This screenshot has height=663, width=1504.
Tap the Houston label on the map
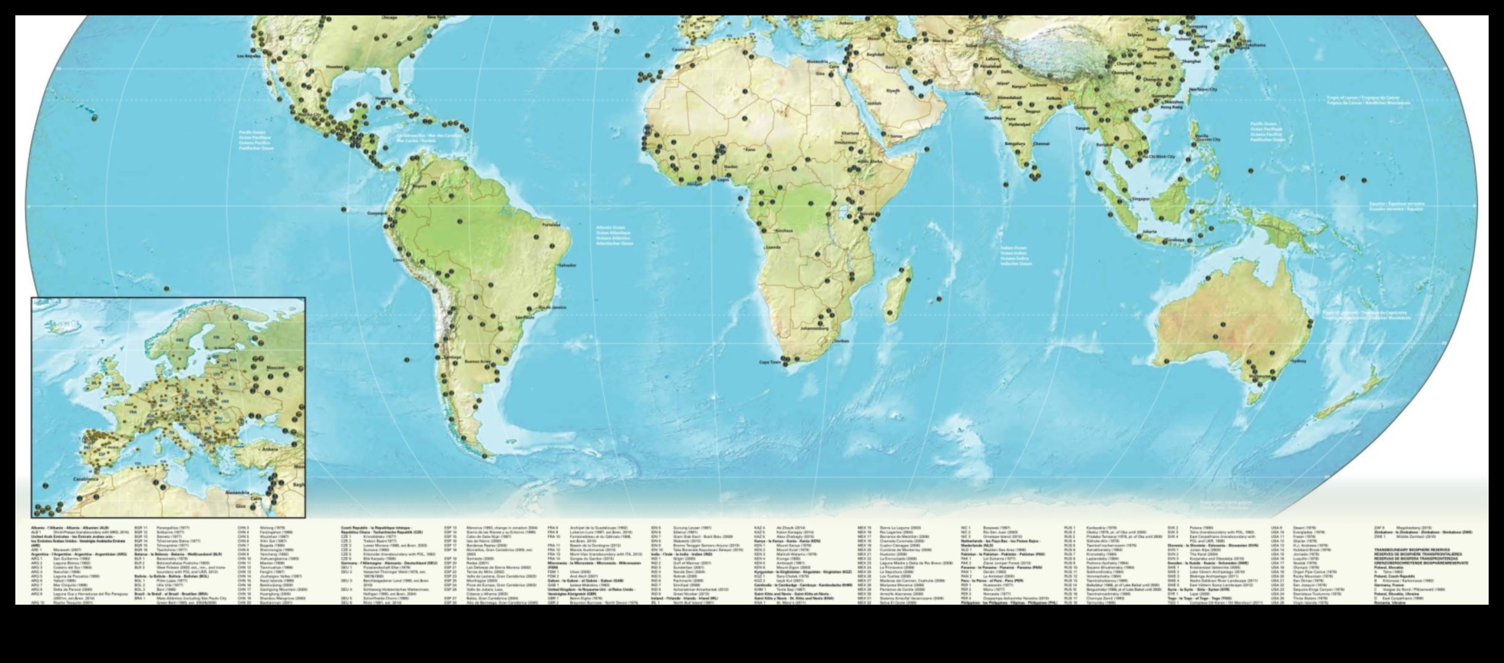pos(335,67)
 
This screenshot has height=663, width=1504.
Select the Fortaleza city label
pos(551,225)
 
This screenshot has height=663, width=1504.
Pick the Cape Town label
pos(770,362)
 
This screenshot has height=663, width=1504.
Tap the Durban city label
pos(841,341)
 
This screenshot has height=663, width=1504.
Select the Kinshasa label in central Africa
pos(783,230)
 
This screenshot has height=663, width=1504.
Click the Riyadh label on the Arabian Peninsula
pos(892,90)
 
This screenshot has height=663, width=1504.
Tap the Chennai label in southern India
pos(1041,143)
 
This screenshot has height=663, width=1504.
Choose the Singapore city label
pos(1142,199)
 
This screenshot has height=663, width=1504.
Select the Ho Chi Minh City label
pos(1159,157)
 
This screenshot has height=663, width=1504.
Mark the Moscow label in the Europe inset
pos(275,367)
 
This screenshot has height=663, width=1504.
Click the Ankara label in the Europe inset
pos(271,450)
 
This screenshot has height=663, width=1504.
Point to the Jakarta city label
pos(1149,231)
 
